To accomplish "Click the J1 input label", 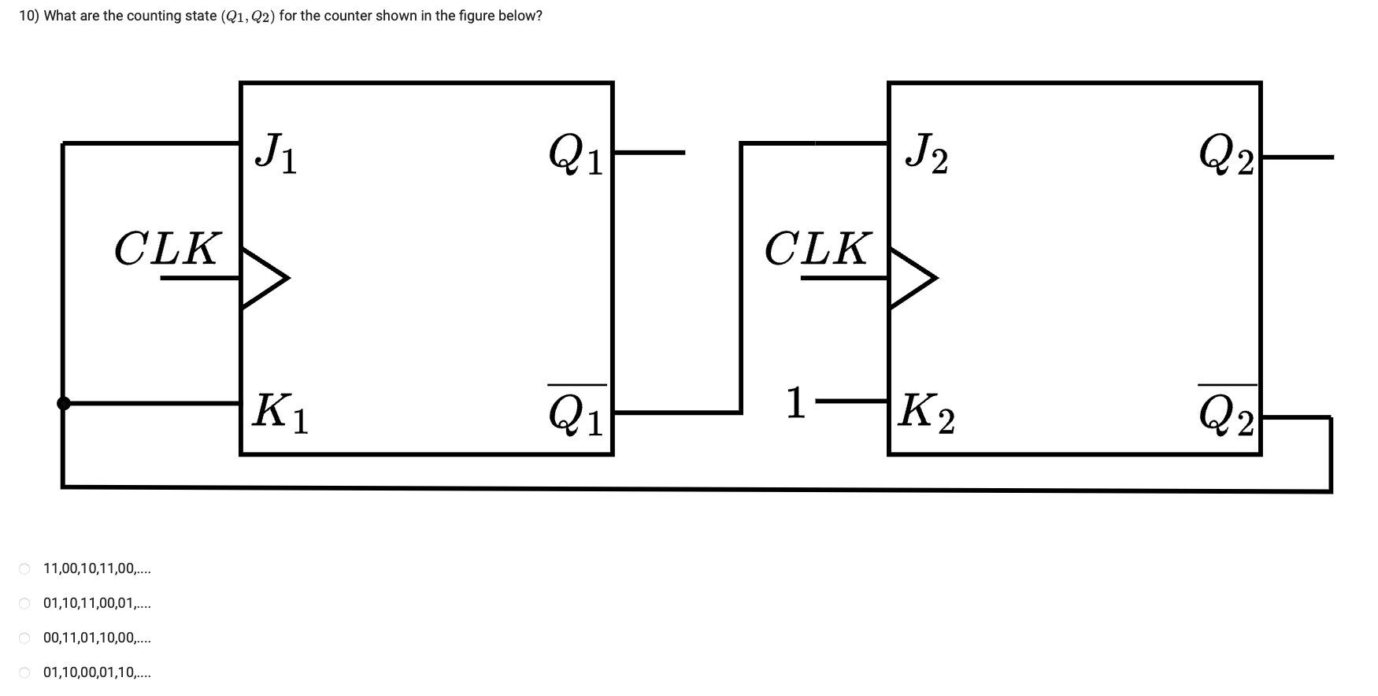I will point(276,153).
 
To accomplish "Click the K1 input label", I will point(280,413).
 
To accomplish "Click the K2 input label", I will point(928,413).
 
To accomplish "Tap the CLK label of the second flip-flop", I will point(817,249).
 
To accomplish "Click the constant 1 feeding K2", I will point(795,403).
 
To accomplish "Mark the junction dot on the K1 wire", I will point(64,403).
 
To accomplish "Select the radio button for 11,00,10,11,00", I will point(25,568).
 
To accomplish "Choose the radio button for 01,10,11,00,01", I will point(25,604).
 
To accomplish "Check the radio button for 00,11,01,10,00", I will point(25,639).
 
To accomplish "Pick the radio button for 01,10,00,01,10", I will point(25,673).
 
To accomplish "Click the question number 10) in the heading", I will point(29,16).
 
